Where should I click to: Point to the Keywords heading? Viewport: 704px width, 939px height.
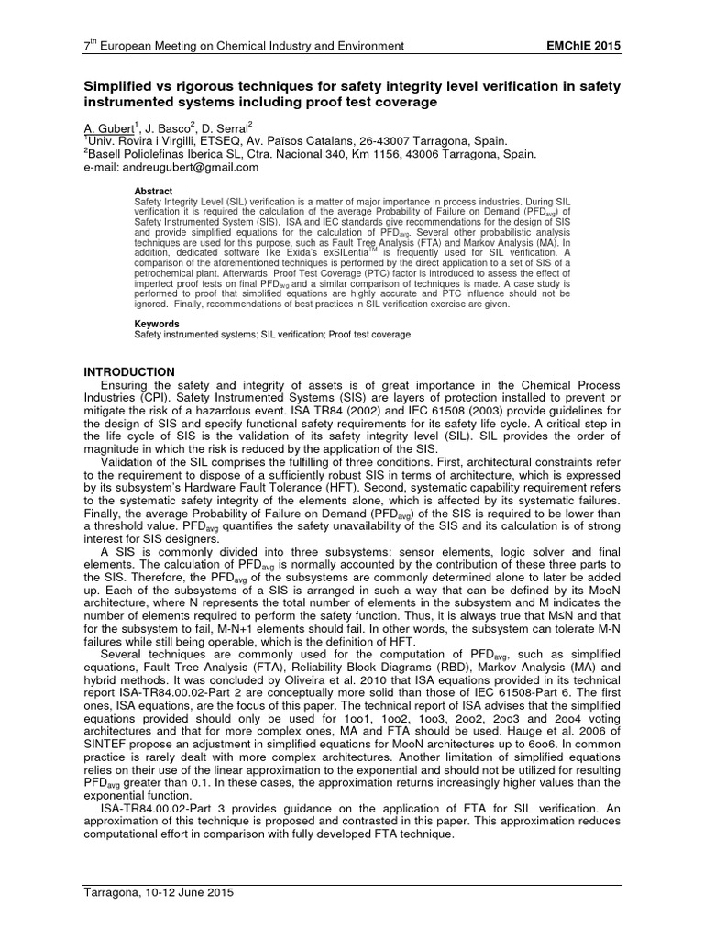[158, 324]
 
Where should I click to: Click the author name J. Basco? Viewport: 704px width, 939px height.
[163, 127]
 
